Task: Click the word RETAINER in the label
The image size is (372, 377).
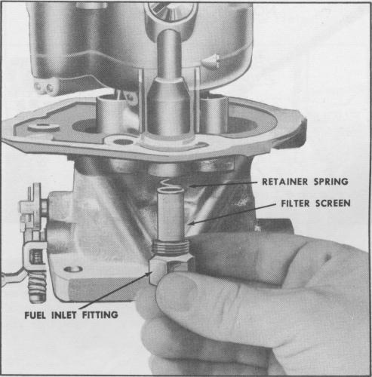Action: pos(285,182)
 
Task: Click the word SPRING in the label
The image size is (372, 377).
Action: pos(331,182)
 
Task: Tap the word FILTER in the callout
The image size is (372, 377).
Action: pos(295,203)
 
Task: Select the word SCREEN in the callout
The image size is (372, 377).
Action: pos(333,203)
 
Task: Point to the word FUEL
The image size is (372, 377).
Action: pos(35,315)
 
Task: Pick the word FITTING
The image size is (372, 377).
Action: pos(100,315)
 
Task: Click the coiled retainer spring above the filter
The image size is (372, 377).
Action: pos(169,185)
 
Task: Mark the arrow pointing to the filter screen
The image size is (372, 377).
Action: pos(232,214)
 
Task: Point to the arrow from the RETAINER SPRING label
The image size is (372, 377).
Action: pos(223,184)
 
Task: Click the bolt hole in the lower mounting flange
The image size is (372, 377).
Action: pos(73,269)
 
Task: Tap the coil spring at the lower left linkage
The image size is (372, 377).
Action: pos(37,287)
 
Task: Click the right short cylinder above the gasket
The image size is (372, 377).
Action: pos(214,115)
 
